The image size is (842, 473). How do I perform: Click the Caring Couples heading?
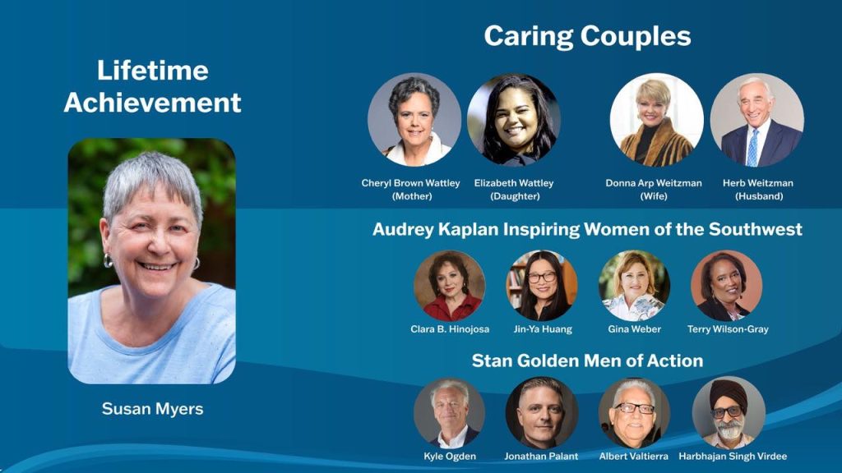click(x=587, y=36)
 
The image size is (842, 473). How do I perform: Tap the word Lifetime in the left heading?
click(x=152, y=71)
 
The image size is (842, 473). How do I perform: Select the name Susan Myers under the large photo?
click(x=152, y=409)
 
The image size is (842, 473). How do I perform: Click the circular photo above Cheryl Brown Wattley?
click(x=414, y=120)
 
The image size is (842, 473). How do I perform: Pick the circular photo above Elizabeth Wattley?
click(x=514, y=120)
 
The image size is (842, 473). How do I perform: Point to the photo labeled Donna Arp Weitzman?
click(x=657, y=120)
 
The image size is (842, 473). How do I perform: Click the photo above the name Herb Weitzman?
click(x=757, y=120)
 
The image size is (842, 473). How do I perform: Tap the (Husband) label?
click(x=759, y=196)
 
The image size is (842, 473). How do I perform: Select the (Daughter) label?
click(x=515, y=196)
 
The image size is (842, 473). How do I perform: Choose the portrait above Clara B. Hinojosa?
click(x=450, y=286)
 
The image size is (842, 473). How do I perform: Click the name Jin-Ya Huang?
click(x=543, y=328)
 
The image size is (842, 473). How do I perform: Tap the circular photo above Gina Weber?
click(x=634, y=286)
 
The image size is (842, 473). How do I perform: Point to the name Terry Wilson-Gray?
click(x=728, y=328)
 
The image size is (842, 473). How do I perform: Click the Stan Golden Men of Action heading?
click(x=587, y=360)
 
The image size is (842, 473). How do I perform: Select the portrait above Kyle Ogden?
click(x=450, y=413)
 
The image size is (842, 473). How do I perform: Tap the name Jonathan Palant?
click(x=541, y=457)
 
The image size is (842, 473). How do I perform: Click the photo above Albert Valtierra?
click(x=634, y=413)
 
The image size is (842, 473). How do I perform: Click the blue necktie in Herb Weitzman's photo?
click(x=753, y=148)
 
